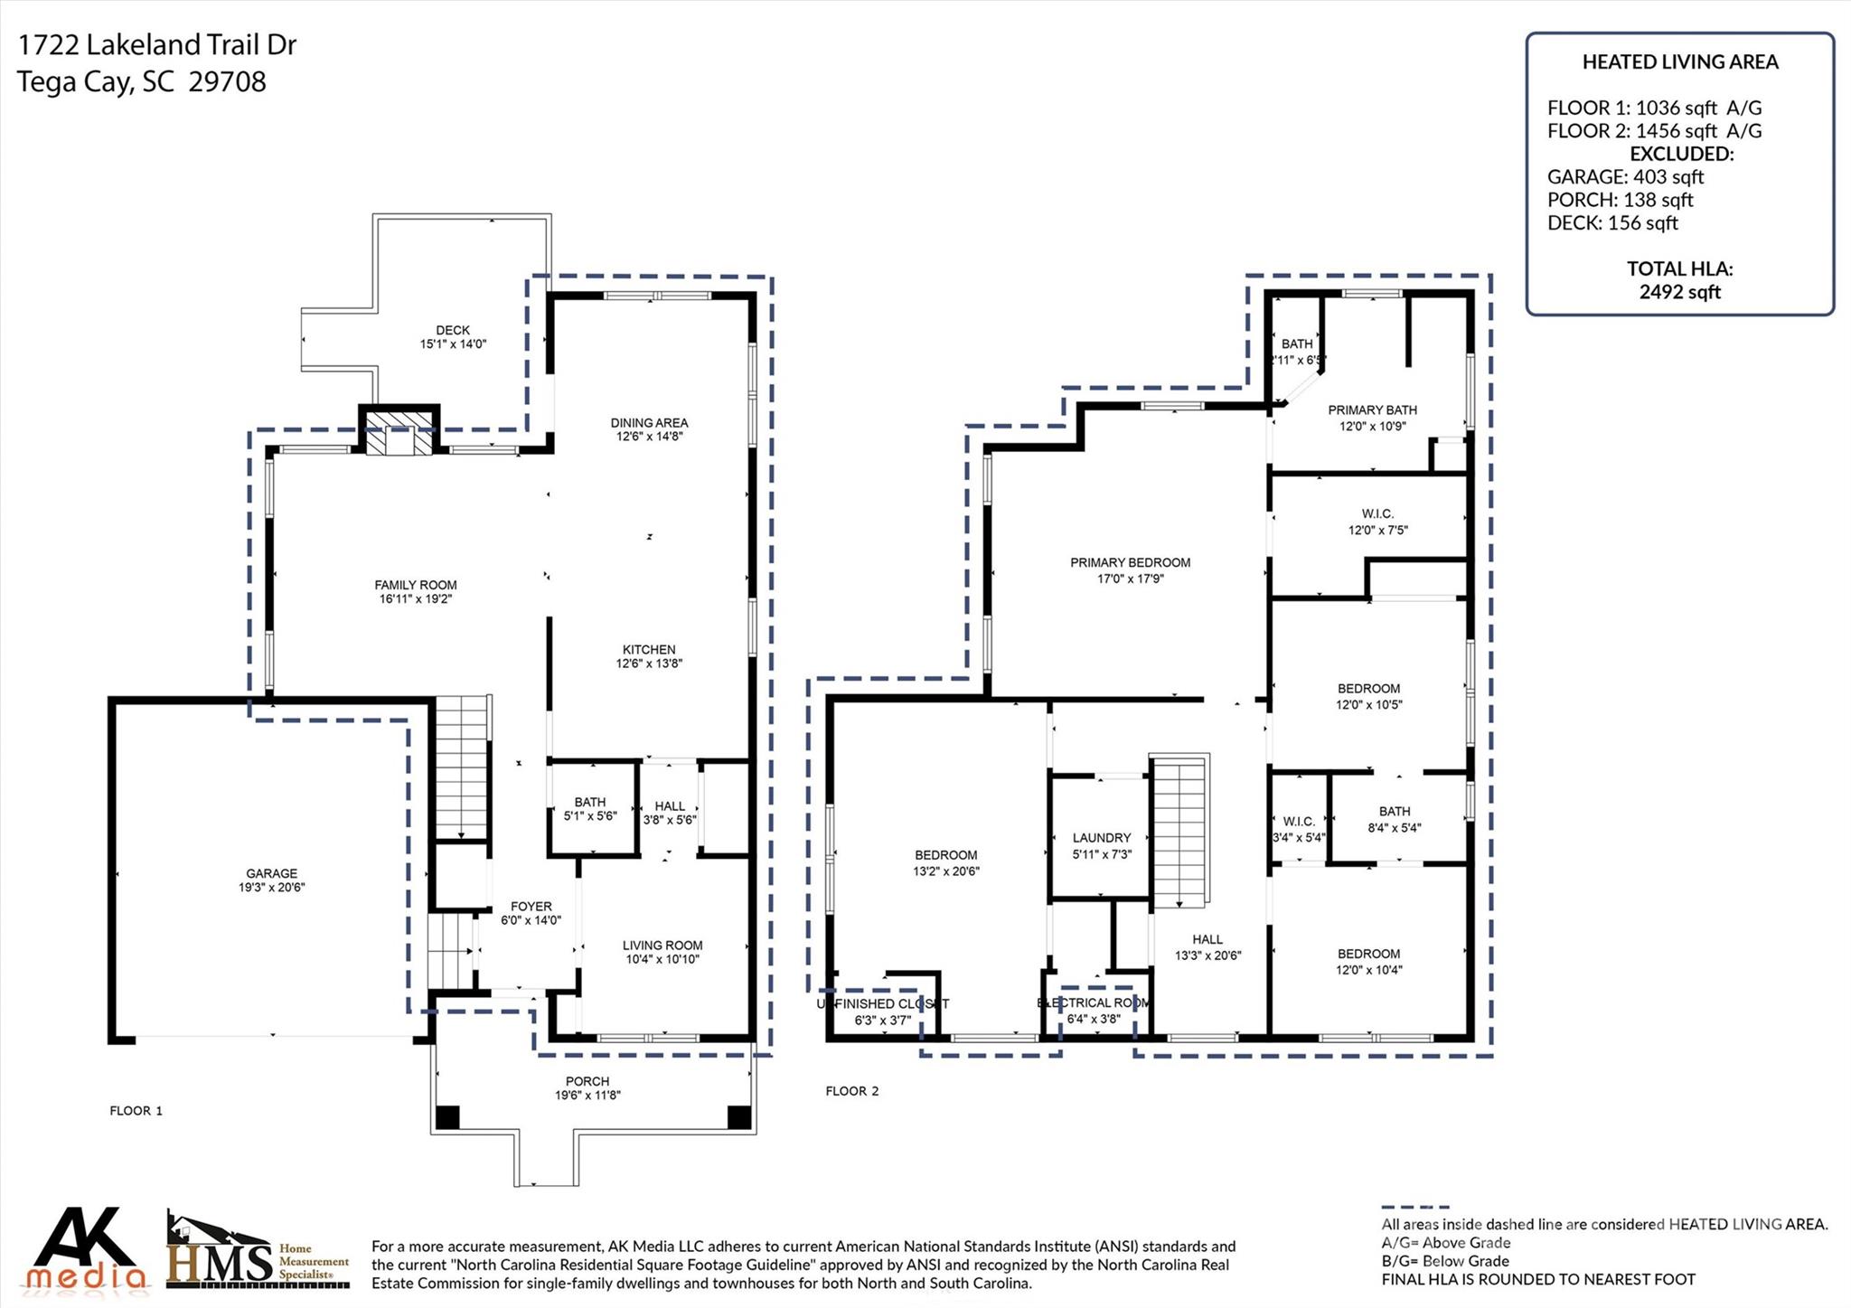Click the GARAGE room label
271,873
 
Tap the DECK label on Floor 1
453,330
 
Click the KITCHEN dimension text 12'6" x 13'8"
649,663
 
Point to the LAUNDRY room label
1102,838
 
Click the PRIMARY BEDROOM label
1130,562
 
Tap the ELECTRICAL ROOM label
1094,1002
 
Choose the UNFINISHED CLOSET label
883,1003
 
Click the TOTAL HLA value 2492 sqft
1679,292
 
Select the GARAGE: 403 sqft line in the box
1625,177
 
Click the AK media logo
86,1249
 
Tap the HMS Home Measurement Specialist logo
258,1252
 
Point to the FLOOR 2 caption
851,1091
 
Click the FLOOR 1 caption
136,1111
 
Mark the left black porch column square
447,1117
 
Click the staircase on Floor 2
1179,832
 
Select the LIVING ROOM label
662,946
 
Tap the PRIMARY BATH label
1372,410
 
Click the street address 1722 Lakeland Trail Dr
157,45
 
